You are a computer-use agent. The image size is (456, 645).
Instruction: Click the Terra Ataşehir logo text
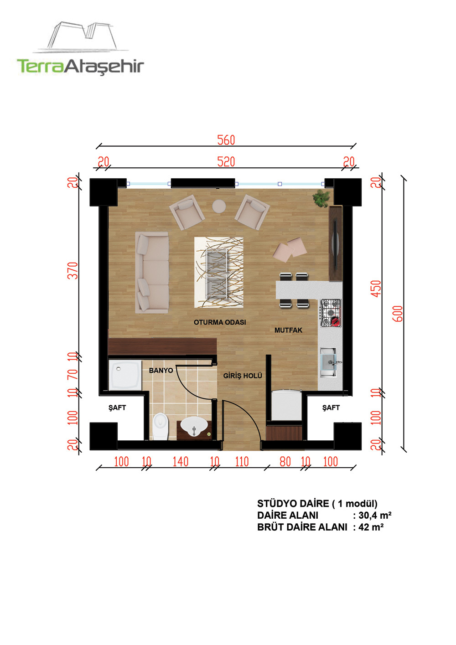click(80, 66)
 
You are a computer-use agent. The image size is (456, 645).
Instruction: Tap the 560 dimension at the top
click(226, 140)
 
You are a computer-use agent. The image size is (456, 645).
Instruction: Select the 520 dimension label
click(226, 161)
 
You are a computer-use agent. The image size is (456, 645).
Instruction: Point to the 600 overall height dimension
click(398, 314)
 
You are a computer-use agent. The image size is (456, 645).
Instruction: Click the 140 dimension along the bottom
click(180, 462)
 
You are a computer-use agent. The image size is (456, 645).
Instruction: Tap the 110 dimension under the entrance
click(242, 462)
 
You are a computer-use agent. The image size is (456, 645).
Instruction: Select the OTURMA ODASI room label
click(220, 322)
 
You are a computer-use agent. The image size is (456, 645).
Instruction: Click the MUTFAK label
click(288, 330)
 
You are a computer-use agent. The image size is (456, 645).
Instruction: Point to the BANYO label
click(161, 370)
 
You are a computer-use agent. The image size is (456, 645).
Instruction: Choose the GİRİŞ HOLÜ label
click(243, 376)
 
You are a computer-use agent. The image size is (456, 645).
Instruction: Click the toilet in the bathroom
click(160, 427)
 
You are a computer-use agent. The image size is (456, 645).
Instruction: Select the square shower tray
click(125, 376)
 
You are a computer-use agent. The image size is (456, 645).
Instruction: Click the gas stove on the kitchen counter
click(331, 313)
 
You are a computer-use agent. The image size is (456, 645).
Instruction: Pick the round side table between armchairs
click(219, 206)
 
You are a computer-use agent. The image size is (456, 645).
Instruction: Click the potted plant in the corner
click(322, 198)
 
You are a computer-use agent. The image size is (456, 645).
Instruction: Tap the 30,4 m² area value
click(375, 515)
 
